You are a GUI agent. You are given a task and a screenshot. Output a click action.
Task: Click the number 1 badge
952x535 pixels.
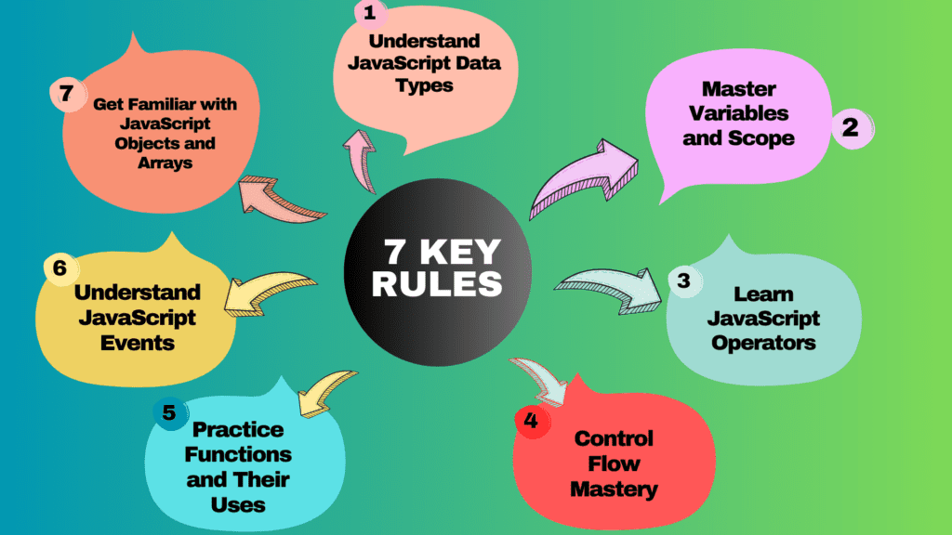[369, 14]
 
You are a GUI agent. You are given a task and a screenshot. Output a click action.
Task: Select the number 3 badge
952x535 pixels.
[682, 281]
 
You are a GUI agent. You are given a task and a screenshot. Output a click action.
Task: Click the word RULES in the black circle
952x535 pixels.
[437, 282]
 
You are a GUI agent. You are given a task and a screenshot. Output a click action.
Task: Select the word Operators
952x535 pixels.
[763, 343]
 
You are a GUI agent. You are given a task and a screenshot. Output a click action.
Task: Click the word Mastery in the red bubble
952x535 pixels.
[614, 488]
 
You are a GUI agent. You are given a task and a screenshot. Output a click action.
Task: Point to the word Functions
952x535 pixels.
[238, 455]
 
